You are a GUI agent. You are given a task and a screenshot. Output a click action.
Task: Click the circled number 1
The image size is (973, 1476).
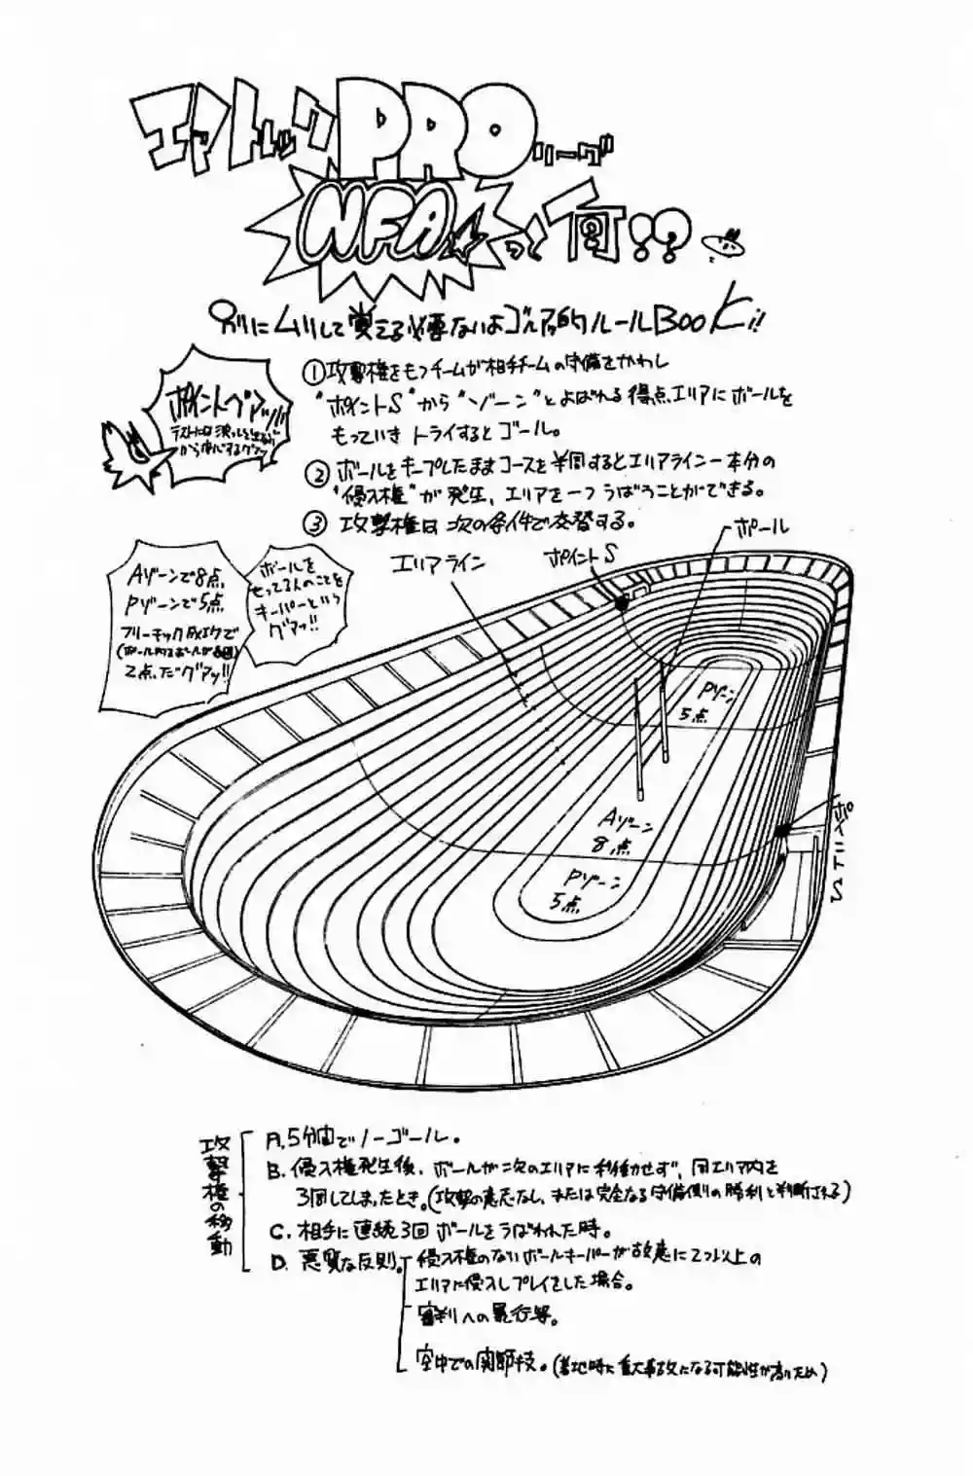tap(313, 373)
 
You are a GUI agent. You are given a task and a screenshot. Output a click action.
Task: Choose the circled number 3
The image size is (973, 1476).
tap(313, 523)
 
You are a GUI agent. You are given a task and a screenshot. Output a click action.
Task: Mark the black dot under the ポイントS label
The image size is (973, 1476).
tap(621, 603)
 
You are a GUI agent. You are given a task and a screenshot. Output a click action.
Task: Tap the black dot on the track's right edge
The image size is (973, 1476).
tap(781, 831)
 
